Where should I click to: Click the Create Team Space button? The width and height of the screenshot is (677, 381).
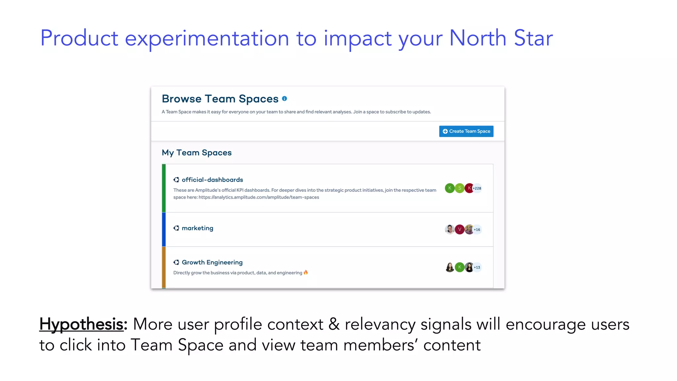(466, 131)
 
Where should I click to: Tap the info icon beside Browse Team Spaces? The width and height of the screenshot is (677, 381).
(285, 99)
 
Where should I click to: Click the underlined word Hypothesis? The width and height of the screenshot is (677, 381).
(81, 324)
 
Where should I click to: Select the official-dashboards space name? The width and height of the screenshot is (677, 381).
(212, 180)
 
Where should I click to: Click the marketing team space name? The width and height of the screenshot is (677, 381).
(197, 228)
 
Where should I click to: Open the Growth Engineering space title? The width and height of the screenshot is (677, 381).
(212, 262)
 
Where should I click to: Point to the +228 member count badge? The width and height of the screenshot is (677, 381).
(477, 188)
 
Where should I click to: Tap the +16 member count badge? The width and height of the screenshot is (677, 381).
(477, 230)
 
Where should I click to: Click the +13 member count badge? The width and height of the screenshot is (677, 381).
(477, 267)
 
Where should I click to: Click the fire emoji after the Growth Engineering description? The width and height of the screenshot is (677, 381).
(306, 273)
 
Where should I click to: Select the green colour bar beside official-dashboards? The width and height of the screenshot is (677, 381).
(164, 188)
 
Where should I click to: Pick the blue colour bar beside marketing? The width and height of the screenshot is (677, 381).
(164, 229)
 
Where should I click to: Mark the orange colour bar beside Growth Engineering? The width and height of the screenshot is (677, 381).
(164, 267)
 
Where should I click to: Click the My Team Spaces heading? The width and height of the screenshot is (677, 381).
(197, 152)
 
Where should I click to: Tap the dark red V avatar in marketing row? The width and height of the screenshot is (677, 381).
(459, 230)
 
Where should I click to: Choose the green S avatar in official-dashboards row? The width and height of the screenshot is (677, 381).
(459, 188)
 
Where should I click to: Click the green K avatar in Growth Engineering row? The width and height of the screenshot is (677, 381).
(459, 267)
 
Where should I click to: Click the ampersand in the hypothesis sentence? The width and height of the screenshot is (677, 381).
(334, 324)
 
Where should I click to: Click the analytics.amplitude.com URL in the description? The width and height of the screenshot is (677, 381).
(259, 197)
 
